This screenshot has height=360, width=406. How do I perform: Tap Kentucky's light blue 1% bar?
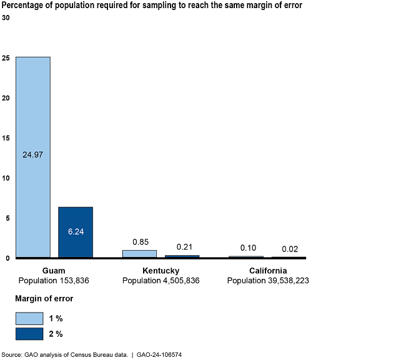[139, 253]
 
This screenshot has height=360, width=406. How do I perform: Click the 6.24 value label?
[76, 231]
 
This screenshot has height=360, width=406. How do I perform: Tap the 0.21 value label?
[183, 248]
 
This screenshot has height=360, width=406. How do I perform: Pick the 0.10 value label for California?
[248, 248]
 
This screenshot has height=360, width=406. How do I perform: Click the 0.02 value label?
[289, 249]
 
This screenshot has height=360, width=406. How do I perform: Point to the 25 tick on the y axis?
[6, 58]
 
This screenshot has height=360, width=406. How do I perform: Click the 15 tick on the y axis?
[6, 138]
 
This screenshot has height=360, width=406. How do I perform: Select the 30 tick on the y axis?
[6, 18]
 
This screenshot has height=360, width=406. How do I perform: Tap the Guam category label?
[54, 271]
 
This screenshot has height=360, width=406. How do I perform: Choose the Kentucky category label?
[161, 271]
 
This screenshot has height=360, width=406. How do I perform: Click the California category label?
[267, 271]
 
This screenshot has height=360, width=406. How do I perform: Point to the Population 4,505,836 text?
[161, 281]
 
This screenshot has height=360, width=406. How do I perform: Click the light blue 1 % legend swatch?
[29, 318]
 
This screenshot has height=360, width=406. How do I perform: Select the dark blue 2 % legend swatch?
[29, 334]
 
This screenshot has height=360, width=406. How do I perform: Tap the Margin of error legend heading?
[44, 299]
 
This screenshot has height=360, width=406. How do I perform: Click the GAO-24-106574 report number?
[160, 354]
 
